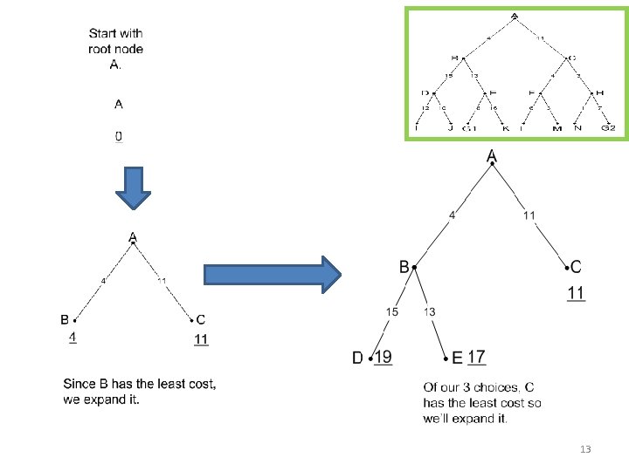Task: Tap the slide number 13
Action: pyautogui.click(x=585, y=449)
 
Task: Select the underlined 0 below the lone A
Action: pyautogui.click(x=119, y=137)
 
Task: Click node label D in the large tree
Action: pyautogui.click(x=358, y=358)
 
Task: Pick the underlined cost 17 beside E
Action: pyautogui.click(x=477, y=356)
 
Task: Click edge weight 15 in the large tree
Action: pyautogui.click(x=393, y=311)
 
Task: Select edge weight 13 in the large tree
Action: pyautogui.click(x=430, y=311)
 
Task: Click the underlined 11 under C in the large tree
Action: pyautogui.click(x=576, y=293)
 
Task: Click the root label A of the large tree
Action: pyautogui.click(x=492, y=156)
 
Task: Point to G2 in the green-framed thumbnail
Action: pyautogui.click(x=608, y=129)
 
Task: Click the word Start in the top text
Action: pyautogui.click(x=105, y=34)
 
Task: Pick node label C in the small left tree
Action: pyautogui.click(x=201, y=319)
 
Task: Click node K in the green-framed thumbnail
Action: pyautogui.click(x=505, y=129)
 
